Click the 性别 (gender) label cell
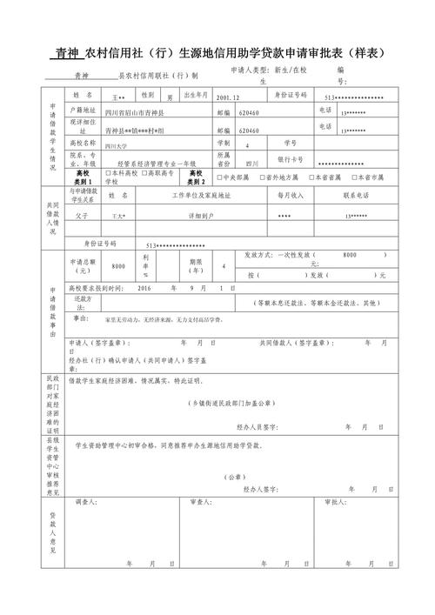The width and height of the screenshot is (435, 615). (147, 94)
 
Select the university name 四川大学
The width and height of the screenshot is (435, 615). (116, 147)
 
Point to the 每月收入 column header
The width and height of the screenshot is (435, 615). (291, 196)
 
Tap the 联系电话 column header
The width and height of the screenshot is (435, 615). (358, 196)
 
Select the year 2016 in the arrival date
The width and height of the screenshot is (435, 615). (144, 287)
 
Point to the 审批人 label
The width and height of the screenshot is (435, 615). (334, 502)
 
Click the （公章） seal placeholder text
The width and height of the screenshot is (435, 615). (234, 477)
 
